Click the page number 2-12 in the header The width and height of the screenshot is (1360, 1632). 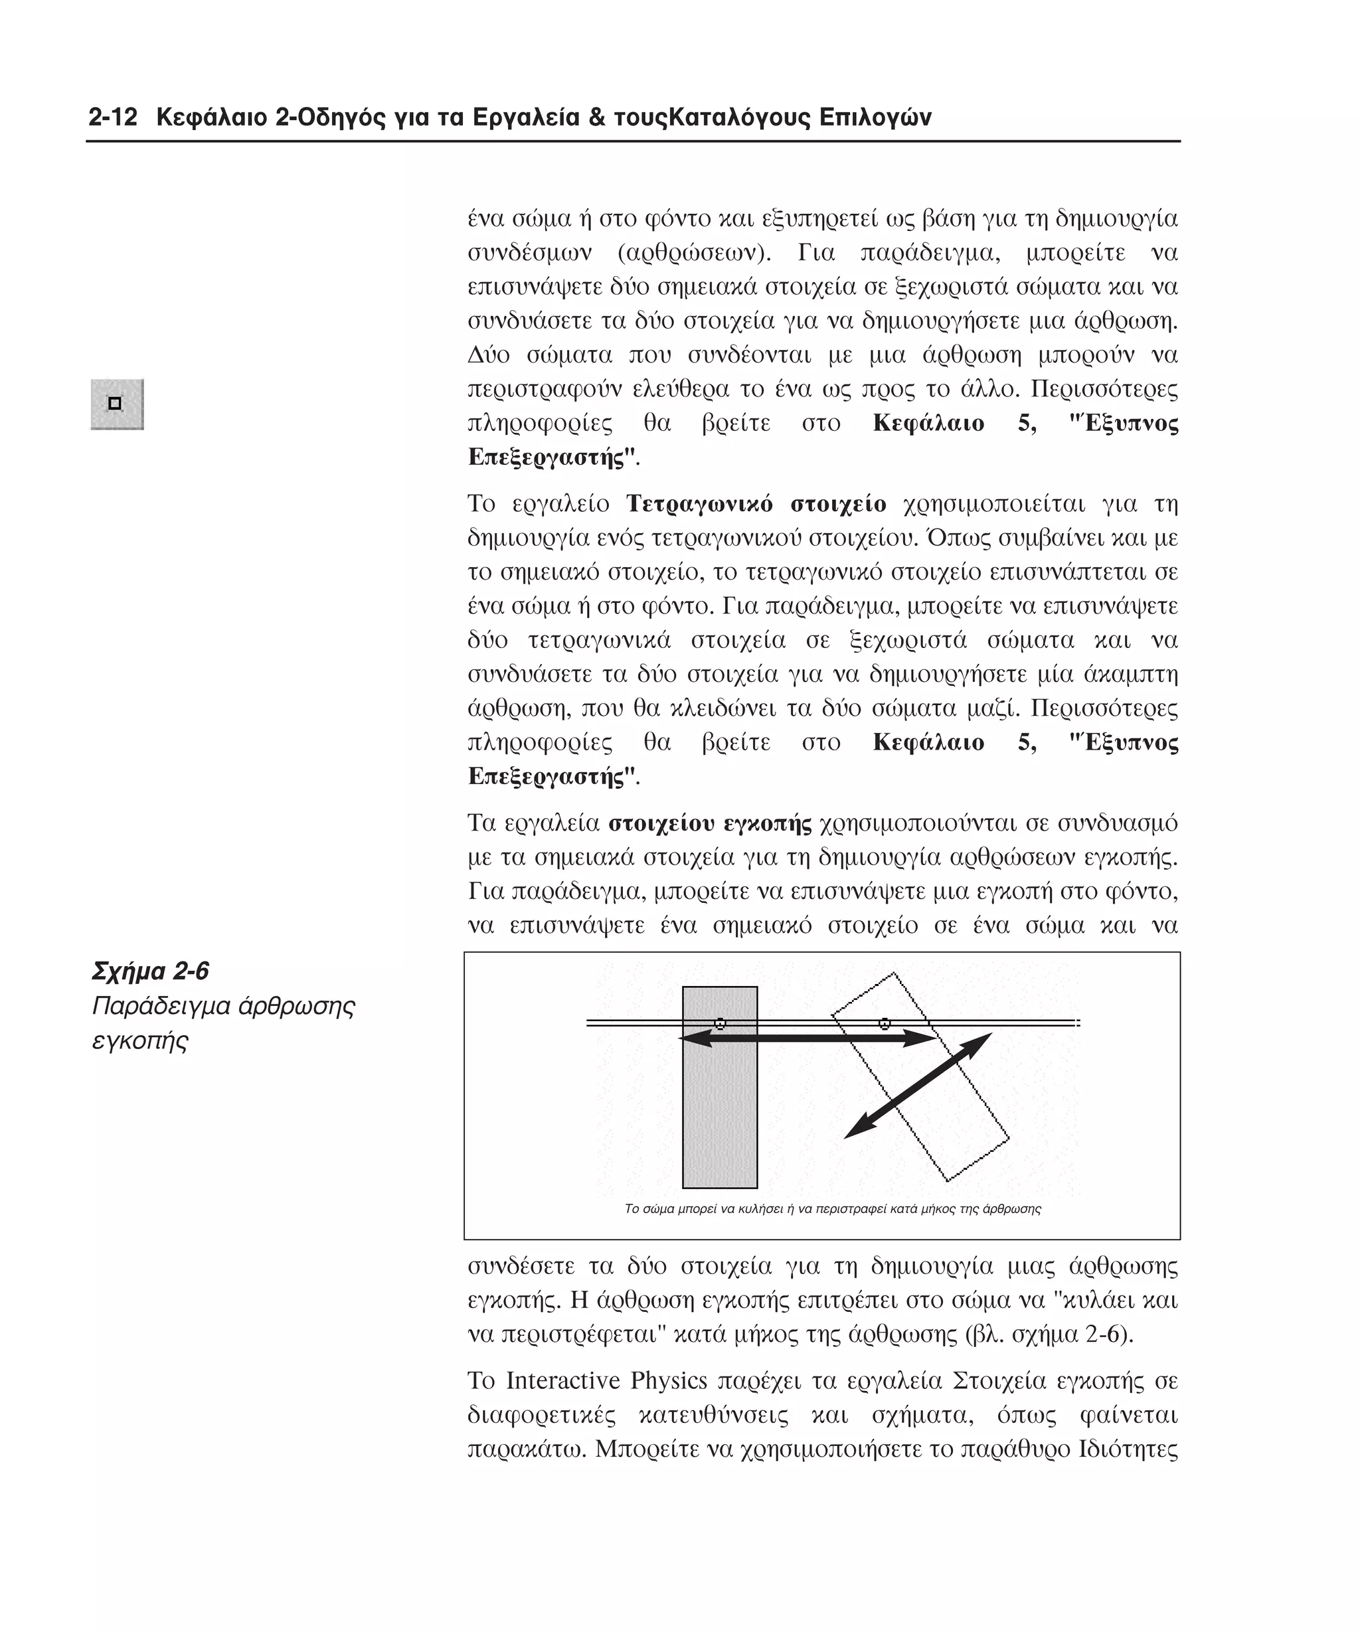pyautogui.click(x=113, y=118)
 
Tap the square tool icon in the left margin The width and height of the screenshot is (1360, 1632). pyautogui.click(x=117, y=404)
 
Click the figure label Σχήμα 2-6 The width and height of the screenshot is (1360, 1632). pyautogui.click(x=150, y=971)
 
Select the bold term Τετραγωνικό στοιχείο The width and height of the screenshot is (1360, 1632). pyautogui.click(x=756, y=505)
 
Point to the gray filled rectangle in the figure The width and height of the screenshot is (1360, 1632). pyautogui.click(x=720, y=1119)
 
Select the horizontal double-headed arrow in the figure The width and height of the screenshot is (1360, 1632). pyautogui.click(x=808, y=1038)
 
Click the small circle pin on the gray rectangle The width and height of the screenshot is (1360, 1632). pyautogui.click(x=720, y=1024)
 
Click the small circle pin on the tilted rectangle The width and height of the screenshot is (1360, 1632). pyautogui.click(x=885, y=1024)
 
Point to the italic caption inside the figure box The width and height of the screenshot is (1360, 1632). pyautogui.click(x=832, y=1208)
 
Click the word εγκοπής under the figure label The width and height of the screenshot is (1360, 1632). pyautogui.click(x=140, y=1041)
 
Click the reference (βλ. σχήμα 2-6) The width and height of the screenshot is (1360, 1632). pyautogui.click(x=1049, y=1335)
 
